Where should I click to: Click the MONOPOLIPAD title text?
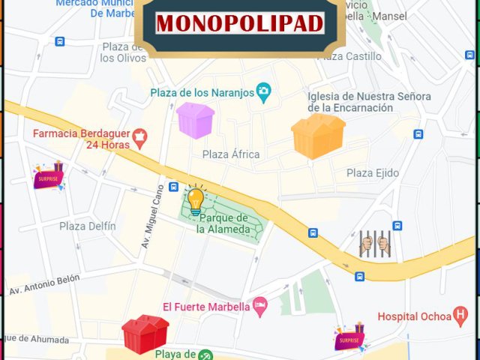click(x=239, y=22)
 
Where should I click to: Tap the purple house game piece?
click(x=195, y=120)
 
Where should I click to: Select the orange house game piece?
click(x=318, y=136)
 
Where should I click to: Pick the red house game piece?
click(x=145, y=334)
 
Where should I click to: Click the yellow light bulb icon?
click(x=195, y=200)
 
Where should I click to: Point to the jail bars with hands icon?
click(x=375, y=244)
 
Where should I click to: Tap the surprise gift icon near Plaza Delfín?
click(x=49, y=177)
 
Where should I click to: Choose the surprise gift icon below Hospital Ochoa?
click(x=349, y=338)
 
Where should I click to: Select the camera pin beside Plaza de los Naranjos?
click(x=263, y=92)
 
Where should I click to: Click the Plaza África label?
click(x=231, y=154)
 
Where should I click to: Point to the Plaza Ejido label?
click(x=373, y=173)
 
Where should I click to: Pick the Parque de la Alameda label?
click(x=223, y=223)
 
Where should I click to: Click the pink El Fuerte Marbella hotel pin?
click(x=259, y=305)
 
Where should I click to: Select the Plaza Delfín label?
click(x=88, y=226)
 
